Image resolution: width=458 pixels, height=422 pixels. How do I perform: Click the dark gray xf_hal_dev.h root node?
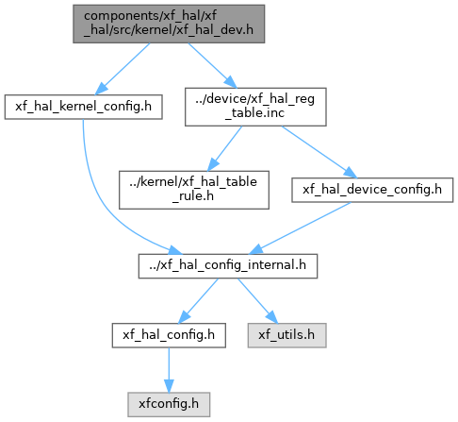coord(169,24)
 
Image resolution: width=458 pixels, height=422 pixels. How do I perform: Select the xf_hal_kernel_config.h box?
coord(83,107)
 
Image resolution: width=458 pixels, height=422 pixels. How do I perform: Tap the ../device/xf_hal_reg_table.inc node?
coord(255,107)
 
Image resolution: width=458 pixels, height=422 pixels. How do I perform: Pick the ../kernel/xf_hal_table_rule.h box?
coord(194,190)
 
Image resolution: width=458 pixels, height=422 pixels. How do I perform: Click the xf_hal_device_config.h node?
coord(372,190)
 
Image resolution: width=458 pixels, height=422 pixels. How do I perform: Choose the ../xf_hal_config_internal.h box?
coord(228,266)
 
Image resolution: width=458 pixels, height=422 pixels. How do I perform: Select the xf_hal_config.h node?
coord(169,335)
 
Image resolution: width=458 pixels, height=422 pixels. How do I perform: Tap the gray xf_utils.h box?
coord(286,335)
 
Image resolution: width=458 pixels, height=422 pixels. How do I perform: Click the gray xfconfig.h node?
coord(169,404)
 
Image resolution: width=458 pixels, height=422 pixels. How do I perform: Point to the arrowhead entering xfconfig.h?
coord(169,386)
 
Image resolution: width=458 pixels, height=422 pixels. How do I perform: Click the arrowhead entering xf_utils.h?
coord(272,317)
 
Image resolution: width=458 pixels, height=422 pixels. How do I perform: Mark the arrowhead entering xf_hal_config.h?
coord(184,317)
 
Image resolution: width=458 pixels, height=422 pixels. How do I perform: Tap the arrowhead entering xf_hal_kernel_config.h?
coord(101,89)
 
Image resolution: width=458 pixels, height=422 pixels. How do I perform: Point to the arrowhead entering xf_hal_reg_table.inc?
coord(231,82)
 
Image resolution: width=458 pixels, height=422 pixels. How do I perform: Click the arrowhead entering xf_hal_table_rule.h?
coord(213,165)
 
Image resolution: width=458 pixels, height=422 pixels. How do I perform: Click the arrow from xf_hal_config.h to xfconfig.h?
coord(169,370)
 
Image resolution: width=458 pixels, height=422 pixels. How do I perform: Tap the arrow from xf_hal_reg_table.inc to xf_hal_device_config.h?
coord(319,152)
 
